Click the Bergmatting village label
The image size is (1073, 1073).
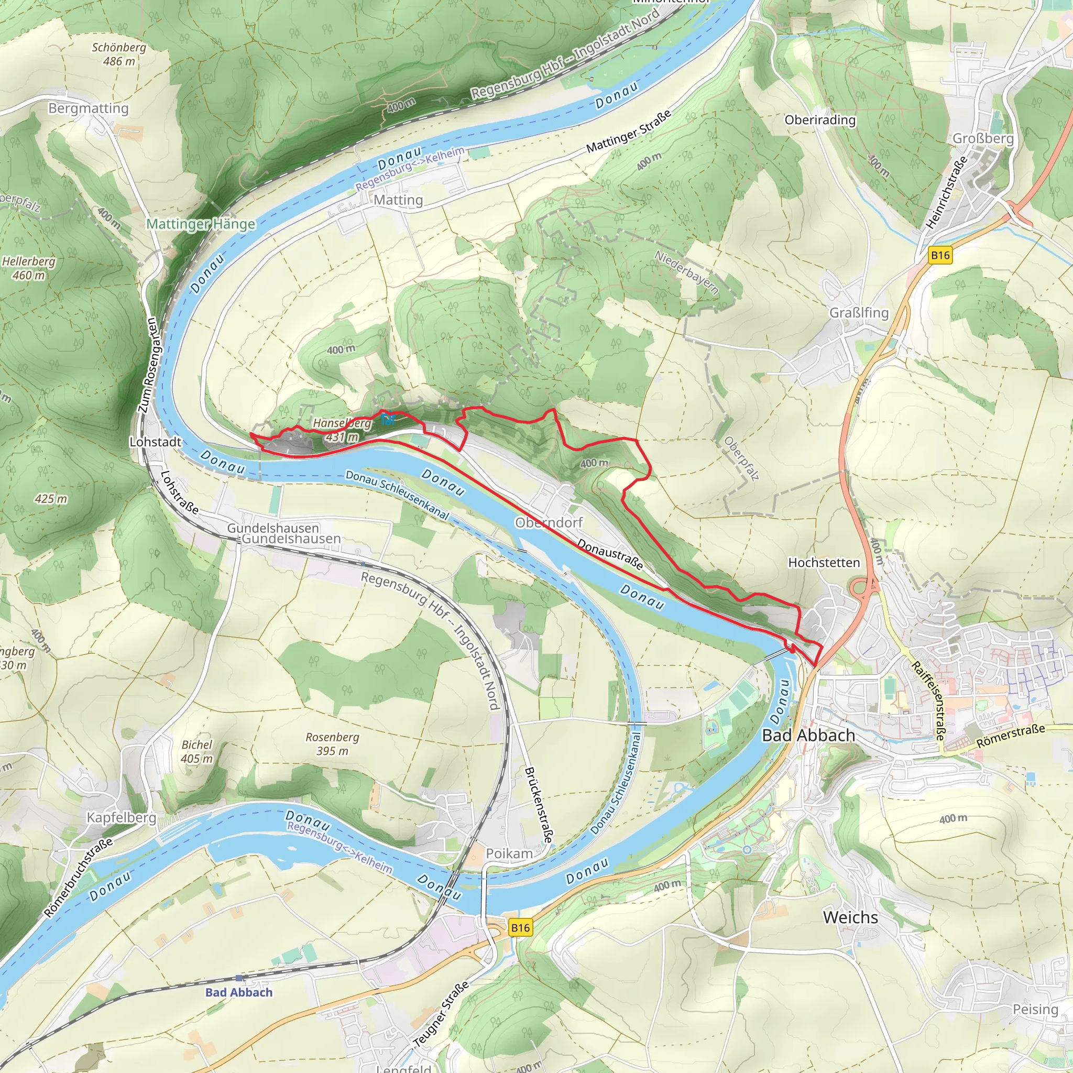coord(89,108)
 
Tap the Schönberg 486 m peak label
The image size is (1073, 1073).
coord(119,54)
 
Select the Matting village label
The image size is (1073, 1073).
coord(398,200)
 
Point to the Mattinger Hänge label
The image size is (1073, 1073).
coord(201,224)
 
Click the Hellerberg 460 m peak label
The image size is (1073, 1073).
coord(29,268)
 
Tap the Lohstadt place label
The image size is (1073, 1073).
coord(155,442)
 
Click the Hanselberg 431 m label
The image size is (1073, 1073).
coord(342,430)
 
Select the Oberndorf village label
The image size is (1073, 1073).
coord(549,522)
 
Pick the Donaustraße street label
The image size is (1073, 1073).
coord(610,554)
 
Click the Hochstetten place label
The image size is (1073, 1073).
coord(824,563)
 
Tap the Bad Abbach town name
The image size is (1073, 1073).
coord(808,735)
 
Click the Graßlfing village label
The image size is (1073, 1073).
coord(859,313)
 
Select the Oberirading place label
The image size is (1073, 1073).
coord(820,119)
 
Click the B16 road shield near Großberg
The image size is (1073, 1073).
coord(940,256)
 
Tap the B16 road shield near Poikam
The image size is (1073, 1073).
coord(520,927)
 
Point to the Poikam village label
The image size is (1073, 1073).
coord(509,853)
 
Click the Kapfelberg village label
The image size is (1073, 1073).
coord(121,817)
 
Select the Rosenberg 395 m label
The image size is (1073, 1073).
coord(332,743)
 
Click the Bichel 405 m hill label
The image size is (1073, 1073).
coord(196,751)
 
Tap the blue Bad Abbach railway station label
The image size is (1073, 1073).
coord(239,992)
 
